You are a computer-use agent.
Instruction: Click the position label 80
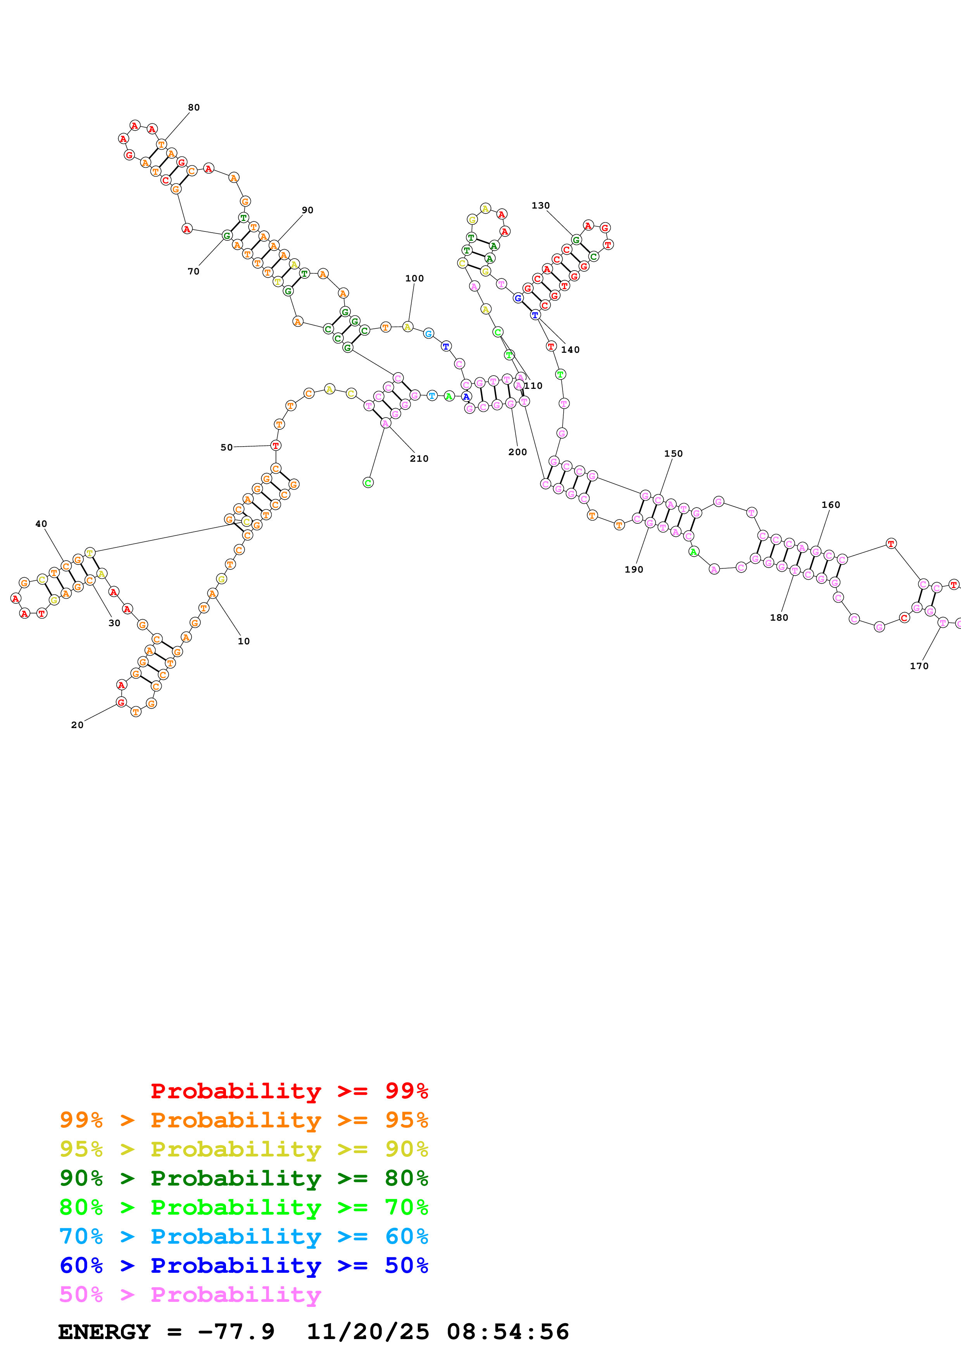click(x=193, y=107)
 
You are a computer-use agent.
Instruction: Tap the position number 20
click(x=77, y=725)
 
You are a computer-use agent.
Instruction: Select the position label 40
click(x=41, y=524)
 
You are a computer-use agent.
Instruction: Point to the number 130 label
click(x=540, y=205)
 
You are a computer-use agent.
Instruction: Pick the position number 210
click(x=419, y=459)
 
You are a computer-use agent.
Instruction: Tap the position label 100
click(x=414, y=278)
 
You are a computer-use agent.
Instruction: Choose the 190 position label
click(x=633, y=569)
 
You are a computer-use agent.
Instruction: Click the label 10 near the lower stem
click(x=243, y=641)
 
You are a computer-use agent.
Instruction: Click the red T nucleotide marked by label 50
click(x=275, y=445)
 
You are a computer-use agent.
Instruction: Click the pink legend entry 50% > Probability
click(x=190, y=1294)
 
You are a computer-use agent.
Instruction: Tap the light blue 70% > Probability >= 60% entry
click(x=243, y=1236)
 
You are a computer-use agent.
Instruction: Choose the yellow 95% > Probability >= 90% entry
click(x=243, y=1149)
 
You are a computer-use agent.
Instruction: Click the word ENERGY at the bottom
click(x=104, y=1332)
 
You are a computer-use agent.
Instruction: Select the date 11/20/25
click(x=367, y=1332)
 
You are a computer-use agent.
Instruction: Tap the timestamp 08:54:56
click(x=507, y=1332)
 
